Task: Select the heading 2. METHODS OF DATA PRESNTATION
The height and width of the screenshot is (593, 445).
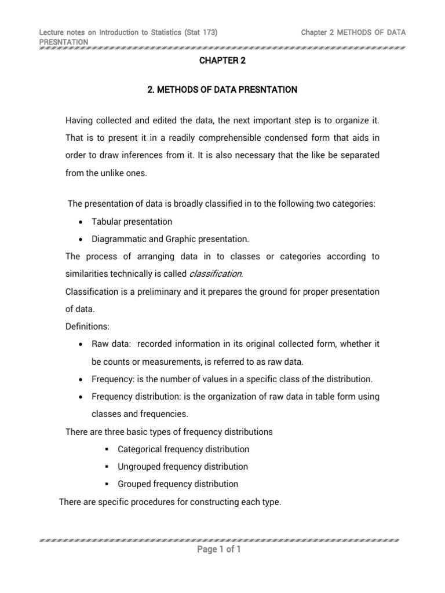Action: click(222, 90)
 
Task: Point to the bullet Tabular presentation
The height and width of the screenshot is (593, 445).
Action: click(132, 222)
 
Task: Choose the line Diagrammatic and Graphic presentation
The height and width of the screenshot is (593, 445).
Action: click(170, 239)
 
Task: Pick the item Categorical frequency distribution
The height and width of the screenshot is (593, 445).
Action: click(183, 449)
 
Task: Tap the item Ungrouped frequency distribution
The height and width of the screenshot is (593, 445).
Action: click(183, 467)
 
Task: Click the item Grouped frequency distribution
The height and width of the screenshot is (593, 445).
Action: click(178, 484)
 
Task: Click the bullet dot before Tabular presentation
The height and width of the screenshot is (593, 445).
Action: click(81, 222)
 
